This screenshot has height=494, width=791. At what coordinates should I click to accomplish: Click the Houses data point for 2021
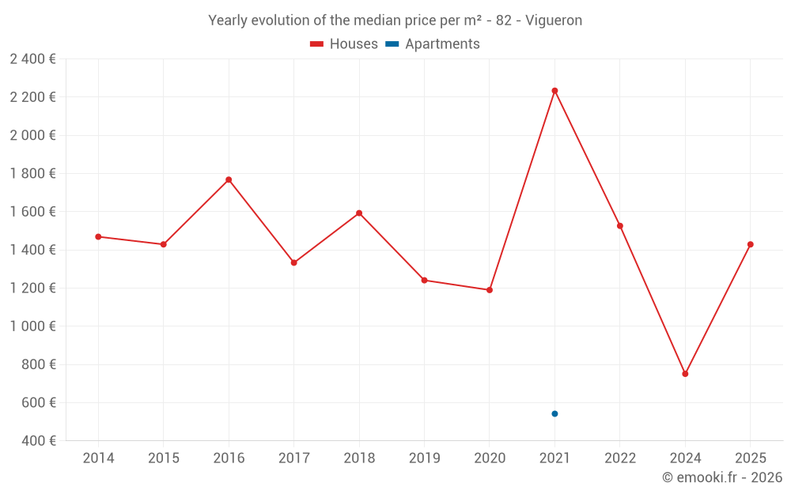[x=554, y=91]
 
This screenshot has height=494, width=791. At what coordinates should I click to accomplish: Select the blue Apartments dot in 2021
[x=554, y=413]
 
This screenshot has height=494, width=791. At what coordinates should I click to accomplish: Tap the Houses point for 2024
[x=685, y=374]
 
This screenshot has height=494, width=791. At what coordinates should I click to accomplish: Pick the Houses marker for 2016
[x=229, y=179]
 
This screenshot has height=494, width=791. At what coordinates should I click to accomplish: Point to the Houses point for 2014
[x=98, y=236]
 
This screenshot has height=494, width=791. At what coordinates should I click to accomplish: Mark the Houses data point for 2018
[x=359, y=213]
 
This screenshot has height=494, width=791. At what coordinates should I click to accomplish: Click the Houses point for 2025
[x=751, y=244]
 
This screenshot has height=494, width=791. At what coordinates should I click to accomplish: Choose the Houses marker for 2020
[x=490, y=290]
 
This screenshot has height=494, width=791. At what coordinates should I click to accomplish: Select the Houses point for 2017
[x=293, y=262]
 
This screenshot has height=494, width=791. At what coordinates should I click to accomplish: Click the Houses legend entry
[x=344, y=44]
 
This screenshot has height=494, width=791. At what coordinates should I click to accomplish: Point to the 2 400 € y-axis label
[x=32, y=58]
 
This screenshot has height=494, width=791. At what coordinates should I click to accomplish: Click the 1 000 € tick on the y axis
[x=32, y=326]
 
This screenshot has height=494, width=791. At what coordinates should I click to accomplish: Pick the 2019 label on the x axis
[x=424, y=458]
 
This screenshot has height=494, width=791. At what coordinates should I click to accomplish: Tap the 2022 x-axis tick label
[x=620, y=458]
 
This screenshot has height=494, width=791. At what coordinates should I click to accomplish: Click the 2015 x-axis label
[x=163, y=458]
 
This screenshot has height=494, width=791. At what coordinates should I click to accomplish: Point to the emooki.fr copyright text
[x=722, y=477]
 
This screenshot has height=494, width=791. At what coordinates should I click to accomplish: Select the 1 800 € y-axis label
[x=32, y=173]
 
